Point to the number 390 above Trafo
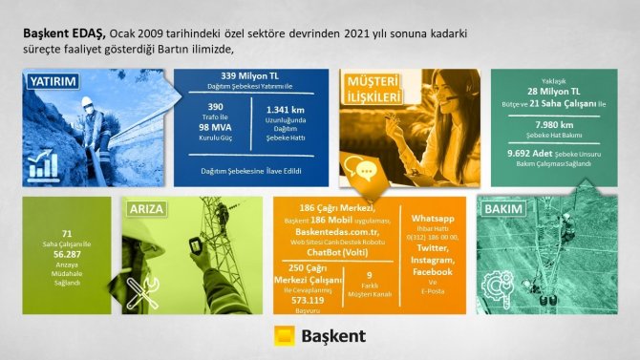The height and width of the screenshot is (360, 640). pyautogui.click(x=216, y=107)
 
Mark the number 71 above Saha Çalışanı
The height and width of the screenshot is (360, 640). pyautogui.click(x=66, y=232)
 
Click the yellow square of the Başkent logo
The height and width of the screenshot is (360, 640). pyautogui.click(x=283, y=337)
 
